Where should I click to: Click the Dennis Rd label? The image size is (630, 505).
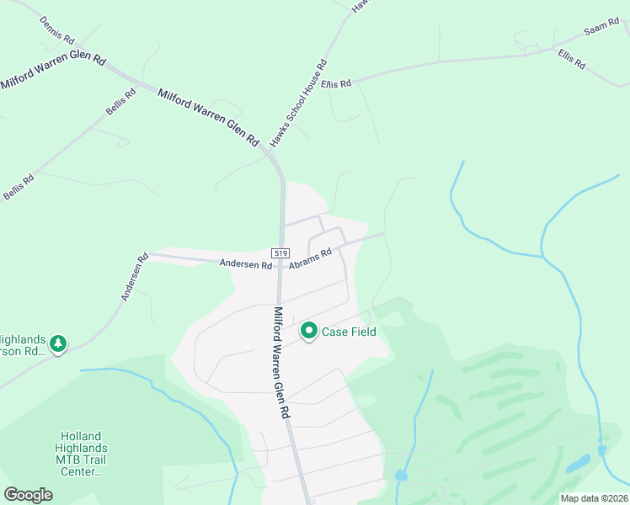[x=58, y=30]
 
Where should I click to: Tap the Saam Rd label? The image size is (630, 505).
[x=601, y=31]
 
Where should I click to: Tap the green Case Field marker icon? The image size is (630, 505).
[x=309, y=332]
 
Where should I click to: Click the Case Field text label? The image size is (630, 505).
[x=349, y=332]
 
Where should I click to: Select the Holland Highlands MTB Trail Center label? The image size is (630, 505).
[x=80, y=454]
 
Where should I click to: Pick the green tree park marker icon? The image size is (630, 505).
[x=58, y=343]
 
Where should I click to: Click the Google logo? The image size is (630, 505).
[x=29, y=495]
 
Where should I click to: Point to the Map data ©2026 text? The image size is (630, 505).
[x=594, y=498]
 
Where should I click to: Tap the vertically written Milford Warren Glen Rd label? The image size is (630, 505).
[x=281, y=363]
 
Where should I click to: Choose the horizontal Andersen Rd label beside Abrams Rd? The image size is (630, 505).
[x=246, y=264]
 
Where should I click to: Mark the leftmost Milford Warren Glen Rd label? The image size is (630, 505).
[x=53, y=72]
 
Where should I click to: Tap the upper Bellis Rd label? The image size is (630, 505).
[x=120, y=104]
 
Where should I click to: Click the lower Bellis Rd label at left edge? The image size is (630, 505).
[x=18, y=187]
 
